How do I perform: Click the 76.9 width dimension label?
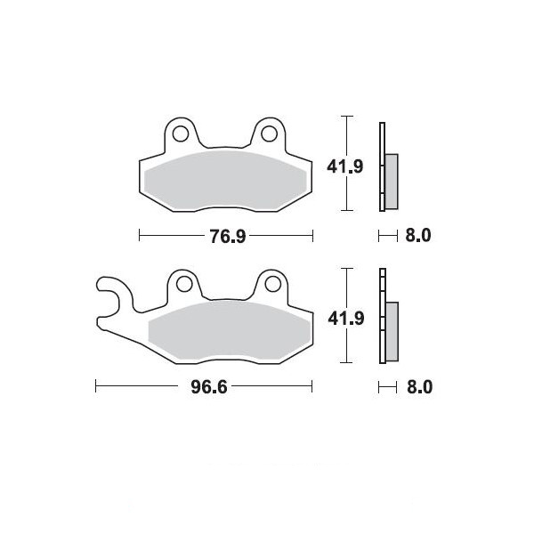click(227, 237)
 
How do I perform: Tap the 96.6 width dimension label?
click(209, 387)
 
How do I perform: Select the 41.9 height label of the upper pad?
click(345, 167)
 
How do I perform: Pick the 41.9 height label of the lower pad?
click(346, 319)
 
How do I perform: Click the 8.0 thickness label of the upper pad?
click(418, 235)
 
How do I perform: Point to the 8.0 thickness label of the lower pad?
click(419, 387)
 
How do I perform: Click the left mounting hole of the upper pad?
click(181, 133)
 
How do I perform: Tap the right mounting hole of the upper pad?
click(270, 133)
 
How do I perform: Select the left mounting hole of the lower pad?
click(184, 284)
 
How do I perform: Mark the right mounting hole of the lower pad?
click(273, 284)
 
